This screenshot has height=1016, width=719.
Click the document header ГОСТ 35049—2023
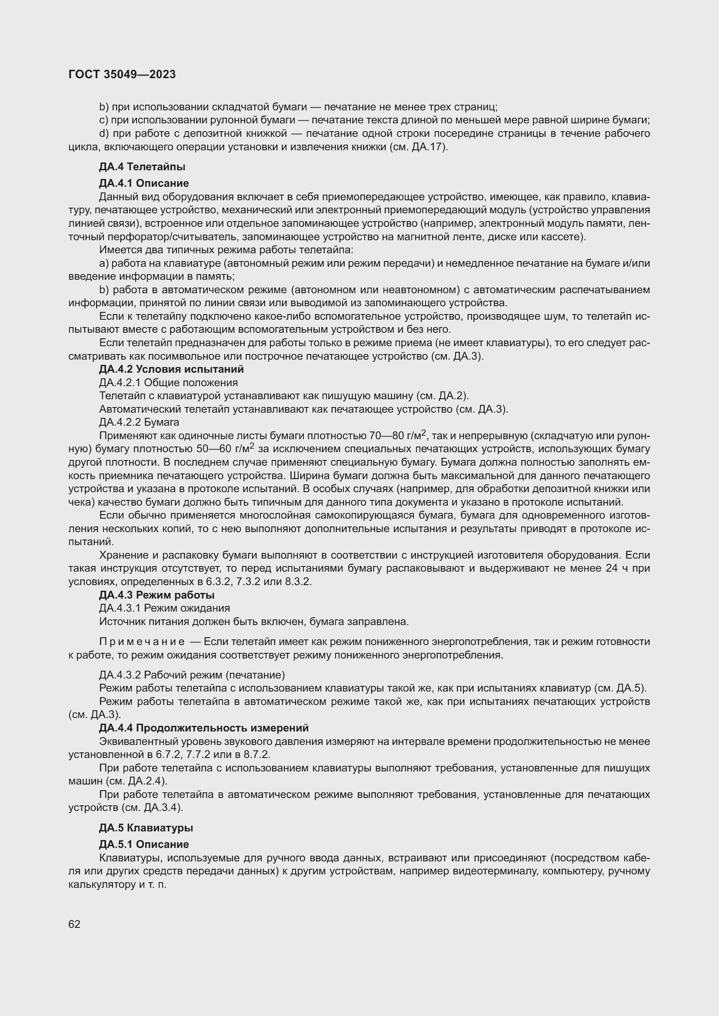(122, 74)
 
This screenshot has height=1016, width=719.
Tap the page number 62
(74, 924)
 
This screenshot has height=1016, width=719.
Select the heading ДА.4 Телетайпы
(142, 167)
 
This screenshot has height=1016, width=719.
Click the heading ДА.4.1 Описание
(144, 183)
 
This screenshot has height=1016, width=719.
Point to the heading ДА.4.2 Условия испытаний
(171, 369)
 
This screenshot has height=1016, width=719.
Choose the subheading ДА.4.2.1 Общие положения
(168, 382)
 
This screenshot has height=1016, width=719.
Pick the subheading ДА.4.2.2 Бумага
(139, 422)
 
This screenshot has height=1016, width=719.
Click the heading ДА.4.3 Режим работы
(157, 595)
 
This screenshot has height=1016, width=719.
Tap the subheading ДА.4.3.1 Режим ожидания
(164, 608)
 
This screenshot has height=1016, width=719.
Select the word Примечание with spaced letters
(142, 642)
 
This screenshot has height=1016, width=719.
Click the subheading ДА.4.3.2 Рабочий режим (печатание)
(192, 675)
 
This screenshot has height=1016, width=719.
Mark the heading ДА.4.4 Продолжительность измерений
(203, 728)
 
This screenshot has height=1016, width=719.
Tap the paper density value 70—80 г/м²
(397, 435)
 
